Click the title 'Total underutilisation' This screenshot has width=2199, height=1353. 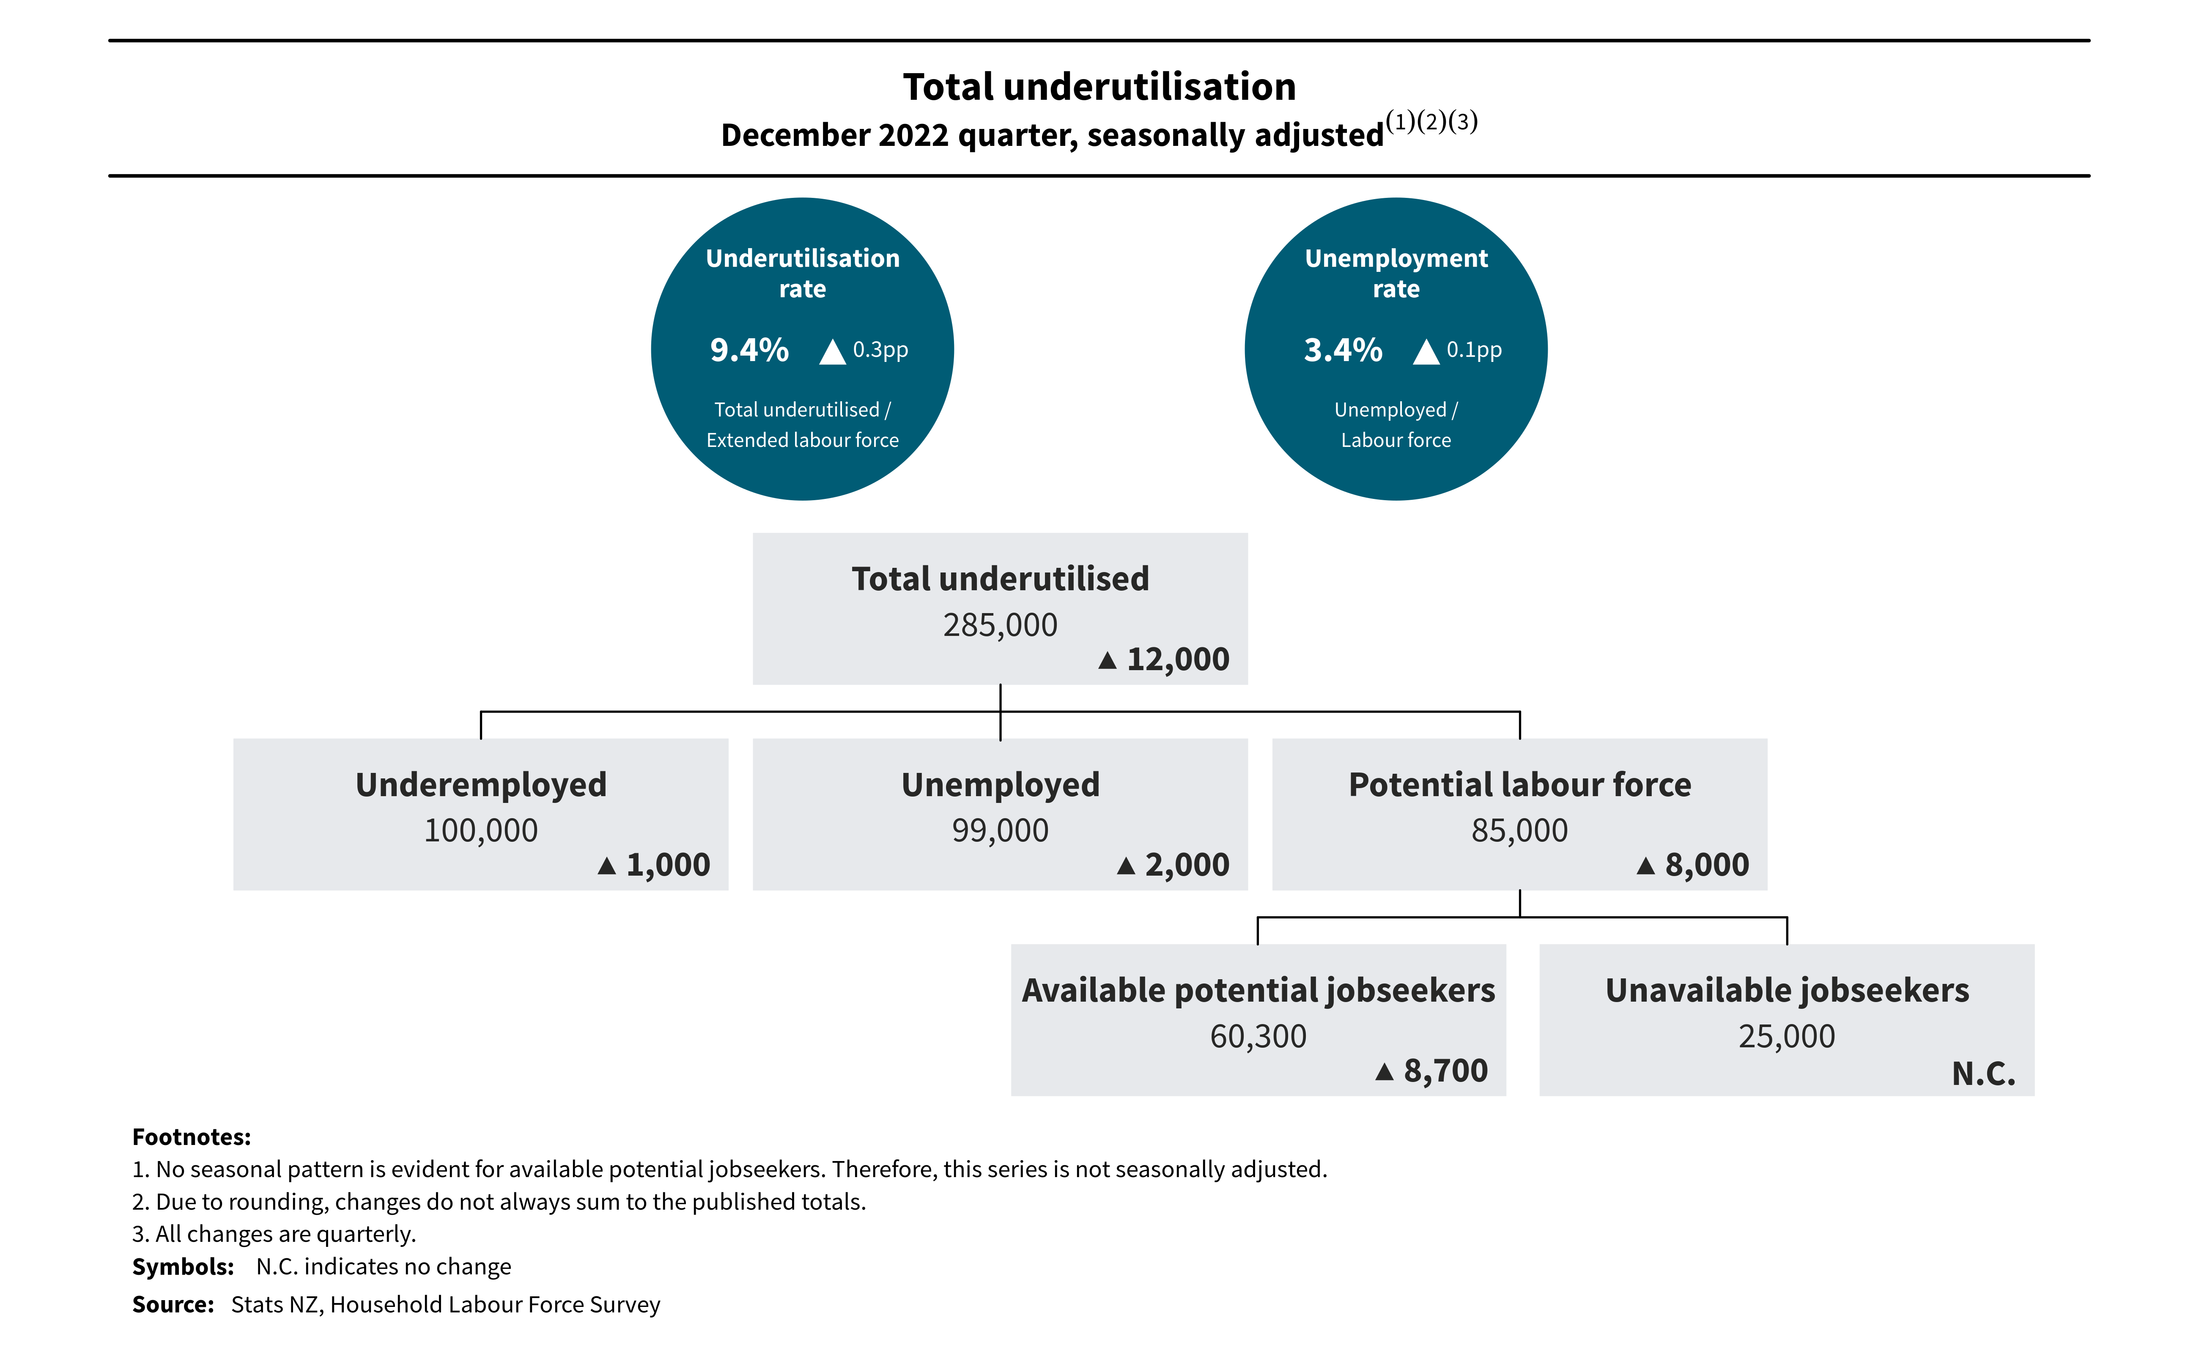point(1099,87)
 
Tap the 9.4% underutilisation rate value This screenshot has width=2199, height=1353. point(749,350)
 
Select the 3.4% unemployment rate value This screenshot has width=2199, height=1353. point(1343,350)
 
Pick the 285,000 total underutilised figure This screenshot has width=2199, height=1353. point(1000,624)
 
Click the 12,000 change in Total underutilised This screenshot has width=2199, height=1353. point(1178,660)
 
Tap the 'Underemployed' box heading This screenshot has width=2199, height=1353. point(481,785)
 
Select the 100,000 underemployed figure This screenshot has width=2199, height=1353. point(481,830)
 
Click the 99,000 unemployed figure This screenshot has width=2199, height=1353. point(1000,830)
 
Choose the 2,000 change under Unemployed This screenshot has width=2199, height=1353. point(1187,865)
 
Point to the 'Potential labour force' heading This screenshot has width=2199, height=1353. point(1520,785)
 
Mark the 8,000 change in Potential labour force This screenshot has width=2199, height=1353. point(1707,865)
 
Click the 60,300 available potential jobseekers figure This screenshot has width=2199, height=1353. point(1259,1036)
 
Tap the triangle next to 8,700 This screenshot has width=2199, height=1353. point(1385,1071)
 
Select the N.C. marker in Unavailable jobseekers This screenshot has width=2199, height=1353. point(1983,1073)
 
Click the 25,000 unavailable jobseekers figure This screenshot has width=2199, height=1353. point(1786,1036)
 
